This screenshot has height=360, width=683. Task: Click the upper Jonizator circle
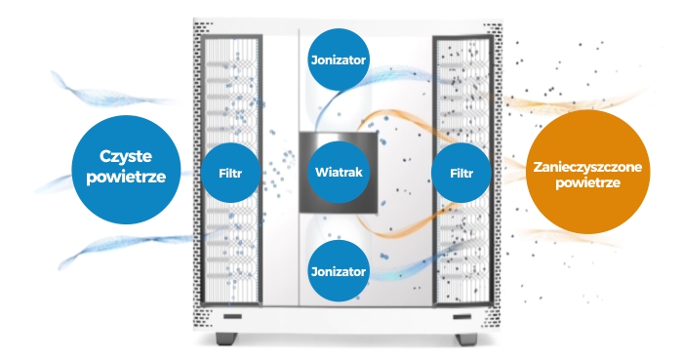tap(339, 60)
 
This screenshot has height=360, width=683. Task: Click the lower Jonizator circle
tap(339, 271)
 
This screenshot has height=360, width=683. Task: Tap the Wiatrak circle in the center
tap(339, 172)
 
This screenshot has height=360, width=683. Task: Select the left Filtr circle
tap(230, 173)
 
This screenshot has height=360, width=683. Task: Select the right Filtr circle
tap(462, 173)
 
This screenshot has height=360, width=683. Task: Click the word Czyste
tap(126, 156)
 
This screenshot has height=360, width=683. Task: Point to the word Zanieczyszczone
tap(587, 167)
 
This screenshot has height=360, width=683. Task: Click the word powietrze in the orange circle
tap(587, 182)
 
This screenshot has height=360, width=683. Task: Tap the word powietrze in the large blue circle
tap(126, 177)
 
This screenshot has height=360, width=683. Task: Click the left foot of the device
tap(226, 339)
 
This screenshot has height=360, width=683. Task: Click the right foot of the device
tap(466, 339)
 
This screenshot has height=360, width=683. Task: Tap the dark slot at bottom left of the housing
tap(232, 316)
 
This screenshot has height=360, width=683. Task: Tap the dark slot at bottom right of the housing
tap(462, 316)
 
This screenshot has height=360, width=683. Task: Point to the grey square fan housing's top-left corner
tap(300, 133)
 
